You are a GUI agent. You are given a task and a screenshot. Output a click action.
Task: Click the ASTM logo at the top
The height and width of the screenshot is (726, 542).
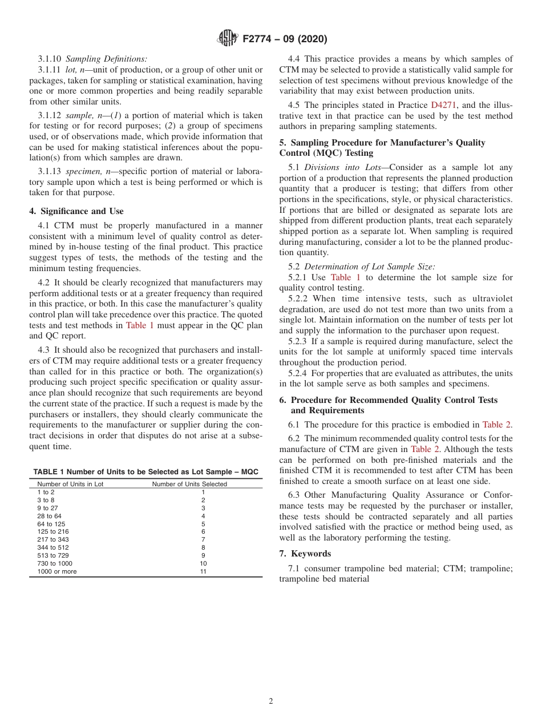click(x=228, y=39)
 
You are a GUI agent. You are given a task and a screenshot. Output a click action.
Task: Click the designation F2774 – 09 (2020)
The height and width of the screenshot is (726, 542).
click(x=285, y=39)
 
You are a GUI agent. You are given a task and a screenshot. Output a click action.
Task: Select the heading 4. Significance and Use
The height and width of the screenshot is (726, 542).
click(x=76, y=211)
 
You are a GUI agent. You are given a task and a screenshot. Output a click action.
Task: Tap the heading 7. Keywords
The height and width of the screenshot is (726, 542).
click(x=305, y=554)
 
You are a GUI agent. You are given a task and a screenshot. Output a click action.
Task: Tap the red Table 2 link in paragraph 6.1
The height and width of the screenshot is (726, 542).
click(x=496, y=425)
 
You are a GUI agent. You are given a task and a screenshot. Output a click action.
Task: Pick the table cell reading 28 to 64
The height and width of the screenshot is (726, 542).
click(x=50, y=516)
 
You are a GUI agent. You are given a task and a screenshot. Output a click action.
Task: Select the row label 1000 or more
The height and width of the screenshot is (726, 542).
click(x=57, y=571)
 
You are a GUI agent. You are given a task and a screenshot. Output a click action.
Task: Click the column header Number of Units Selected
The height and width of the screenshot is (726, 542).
click(x=189, y=484)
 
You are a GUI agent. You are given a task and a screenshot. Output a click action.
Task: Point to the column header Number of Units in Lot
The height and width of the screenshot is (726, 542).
click(x=70, y=484)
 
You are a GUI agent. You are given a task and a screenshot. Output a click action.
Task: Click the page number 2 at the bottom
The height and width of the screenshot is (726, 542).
click(x=271, y=701)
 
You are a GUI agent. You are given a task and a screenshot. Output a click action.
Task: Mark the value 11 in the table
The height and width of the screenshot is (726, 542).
click(x=203, y=571)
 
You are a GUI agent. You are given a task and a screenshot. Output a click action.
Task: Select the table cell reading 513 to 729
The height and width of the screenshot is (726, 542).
click(x=52, y=555)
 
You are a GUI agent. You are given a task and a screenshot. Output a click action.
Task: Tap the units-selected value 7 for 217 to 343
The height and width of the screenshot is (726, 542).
click(x=203, y=539)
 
